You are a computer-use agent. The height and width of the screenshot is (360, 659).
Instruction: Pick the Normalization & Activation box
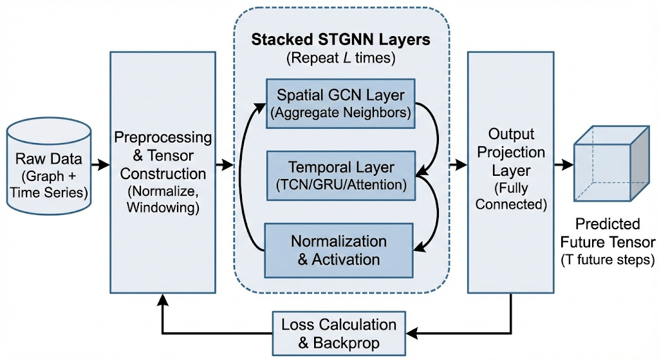pos(339,250)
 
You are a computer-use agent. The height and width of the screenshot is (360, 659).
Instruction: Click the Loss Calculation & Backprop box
pos(339,332)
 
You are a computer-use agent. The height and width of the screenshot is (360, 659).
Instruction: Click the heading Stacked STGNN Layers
pos(340,39)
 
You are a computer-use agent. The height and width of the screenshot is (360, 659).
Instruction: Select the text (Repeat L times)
pos(340,57)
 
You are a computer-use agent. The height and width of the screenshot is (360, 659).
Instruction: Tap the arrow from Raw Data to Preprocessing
pos(100,166)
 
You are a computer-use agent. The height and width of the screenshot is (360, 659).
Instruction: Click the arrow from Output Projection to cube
pos(564,166)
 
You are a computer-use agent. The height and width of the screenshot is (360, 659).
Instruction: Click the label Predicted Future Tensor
pos(608,233)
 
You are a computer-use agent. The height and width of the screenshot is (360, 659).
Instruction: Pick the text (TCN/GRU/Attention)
pos(340,185)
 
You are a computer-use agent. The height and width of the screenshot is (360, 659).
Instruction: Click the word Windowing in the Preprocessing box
pos(163,207)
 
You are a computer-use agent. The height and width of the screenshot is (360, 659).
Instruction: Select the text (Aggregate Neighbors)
pos(340,113)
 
